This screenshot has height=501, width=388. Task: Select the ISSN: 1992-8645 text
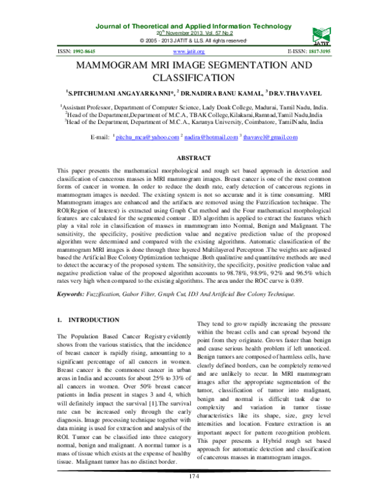pos(76,51)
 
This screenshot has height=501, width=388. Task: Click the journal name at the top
pos(194,25)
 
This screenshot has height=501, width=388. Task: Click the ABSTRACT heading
pos(194,158)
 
